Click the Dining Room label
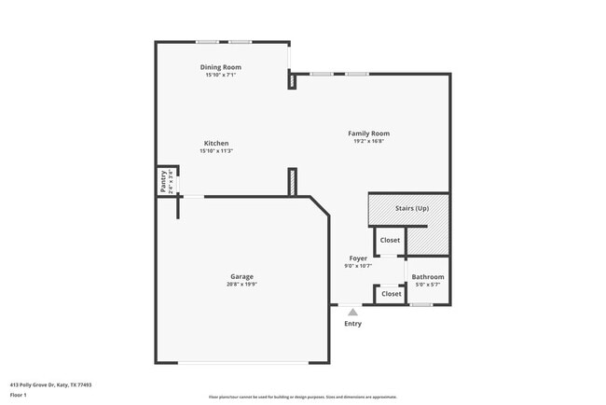(221, 67)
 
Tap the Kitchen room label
(216, 143)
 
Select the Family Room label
(368, 133)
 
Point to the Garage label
(241, 276)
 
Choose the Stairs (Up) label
(412, 208)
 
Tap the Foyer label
(358, 258)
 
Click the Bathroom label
(428, 276)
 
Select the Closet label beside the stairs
(390, 240)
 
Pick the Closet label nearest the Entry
(392, 294)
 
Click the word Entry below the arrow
(352, 324)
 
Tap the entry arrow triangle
(352, 313)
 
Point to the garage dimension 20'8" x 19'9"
(241, 284)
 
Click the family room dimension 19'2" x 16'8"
(368, 141)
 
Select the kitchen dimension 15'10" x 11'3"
(216, 150)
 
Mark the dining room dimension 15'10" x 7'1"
(221, 75)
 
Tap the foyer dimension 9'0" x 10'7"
(358, 266)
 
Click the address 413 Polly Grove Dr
(50, 384)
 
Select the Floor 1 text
(18, 395)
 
